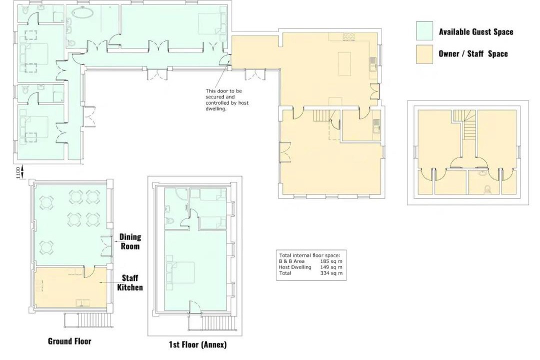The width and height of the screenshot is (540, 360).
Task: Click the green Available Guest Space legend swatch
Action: pos(424,31)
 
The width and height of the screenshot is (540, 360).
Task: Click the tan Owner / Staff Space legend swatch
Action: pos(424,54)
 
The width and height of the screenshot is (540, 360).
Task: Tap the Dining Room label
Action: pos(130,241)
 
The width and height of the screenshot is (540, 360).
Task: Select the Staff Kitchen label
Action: pos(130,282)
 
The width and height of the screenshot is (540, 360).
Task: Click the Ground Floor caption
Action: pos(69,341)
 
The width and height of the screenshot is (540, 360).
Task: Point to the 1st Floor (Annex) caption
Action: pos(197,344)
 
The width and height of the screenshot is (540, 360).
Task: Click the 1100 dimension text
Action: pos(18,172)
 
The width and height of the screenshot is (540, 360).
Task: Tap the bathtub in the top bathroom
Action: pos(82,14)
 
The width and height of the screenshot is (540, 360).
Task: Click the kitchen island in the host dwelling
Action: pos(344,63)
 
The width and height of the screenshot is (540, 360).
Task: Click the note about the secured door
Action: pos(227,100)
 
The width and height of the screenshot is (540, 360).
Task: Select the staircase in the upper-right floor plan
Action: pos(464,124)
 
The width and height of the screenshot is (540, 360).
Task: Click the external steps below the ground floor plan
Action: pos(88,320)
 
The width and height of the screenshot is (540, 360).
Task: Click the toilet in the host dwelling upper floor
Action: pos(487,188)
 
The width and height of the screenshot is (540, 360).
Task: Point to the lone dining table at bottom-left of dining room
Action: pos(46,247)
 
